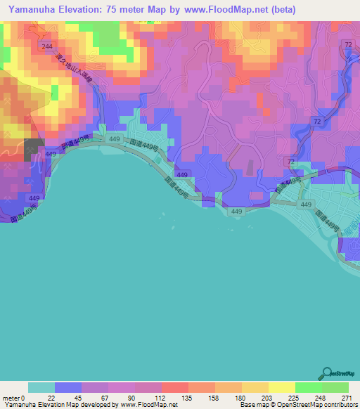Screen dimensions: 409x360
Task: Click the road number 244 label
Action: tap(47, 46)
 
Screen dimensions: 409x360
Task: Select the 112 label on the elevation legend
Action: tap(162, 398)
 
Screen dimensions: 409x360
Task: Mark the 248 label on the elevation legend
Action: tap(323, 398)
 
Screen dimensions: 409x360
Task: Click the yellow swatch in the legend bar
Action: tap(282, 387)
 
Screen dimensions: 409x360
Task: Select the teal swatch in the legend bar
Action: tap(41, 387)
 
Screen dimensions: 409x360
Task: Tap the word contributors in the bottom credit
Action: tap(340, 405)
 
